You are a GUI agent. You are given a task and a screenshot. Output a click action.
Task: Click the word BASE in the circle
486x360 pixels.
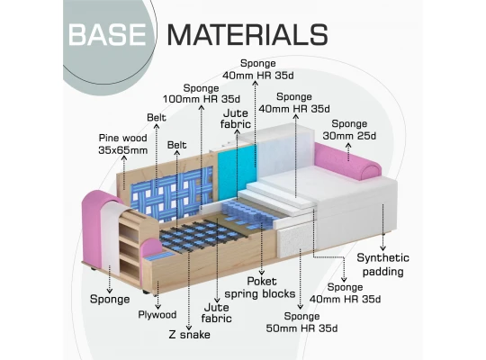(107, 34)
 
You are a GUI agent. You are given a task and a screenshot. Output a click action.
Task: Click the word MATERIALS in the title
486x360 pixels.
(247, 34)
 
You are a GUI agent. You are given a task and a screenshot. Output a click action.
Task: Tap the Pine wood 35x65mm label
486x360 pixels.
(123, 144)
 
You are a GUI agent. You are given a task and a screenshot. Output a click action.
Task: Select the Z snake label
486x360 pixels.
(189, 335)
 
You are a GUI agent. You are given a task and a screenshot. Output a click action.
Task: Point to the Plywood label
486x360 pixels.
(157, 315)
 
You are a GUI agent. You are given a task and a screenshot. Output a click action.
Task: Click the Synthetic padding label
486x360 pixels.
(383, 265)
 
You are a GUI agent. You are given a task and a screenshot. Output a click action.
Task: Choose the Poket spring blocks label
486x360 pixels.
(260, 287)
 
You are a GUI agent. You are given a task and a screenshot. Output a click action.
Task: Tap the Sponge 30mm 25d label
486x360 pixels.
(349, 130)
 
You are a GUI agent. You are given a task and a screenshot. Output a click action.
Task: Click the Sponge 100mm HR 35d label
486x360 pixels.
(202, 94)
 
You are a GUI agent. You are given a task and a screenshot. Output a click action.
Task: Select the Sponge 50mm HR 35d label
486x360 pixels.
(301, 322)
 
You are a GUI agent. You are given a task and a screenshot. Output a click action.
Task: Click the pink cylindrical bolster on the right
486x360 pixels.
(347, 161)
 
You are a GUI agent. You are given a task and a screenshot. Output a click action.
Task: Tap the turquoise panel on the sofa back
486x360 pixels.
(237, 170)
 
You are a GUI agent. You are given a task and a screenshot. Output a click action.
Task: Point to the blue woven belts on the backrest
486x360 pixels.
(172, 193)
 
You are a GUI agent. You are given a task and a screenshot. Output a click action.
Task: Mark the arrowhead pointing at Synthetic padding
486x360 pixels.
(383, 248)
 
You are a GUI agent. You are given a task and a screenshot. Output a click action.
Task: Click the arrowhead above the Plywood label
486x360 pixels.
(157, 307)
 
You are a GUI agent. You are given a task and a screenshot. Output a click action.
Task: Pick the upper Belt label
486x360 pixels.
(157, 118)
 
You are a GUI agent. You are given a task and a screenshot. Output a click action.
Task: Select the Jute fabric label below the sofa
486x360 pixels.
(217, 313)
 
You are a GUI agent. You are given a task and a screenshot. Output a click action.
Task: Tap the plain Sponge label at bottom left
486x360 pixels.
(110, 300)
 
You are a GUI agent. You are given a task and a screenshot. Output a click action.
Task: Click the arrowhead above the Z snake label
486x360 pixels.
(189, 328)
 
